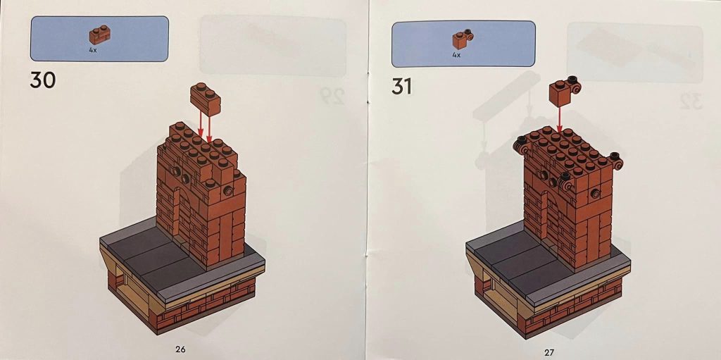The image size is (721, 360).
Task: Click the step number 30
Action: pos(43,80)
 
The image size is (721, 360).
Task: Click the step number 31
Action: pos(401,87)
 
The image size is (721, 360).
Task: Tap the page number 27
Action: pos(549,350)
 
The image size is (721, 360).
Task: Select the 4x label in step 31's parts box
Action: pos(456,54)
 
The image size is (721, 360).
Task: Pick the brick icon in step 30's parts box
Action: pos(97,35)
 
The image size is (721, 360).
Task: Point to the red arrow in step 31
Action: pos(560,116)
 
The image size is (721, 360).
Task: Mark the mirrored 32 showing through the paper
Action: pos(690,103)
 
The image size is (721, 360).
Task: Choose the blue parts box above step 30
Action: pos(99,38)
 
